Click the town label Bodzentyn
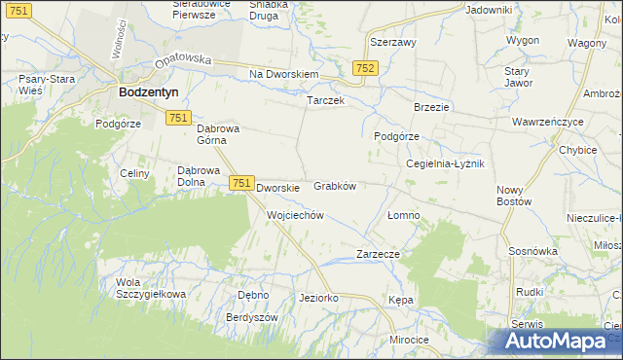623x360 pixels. pos(145,93)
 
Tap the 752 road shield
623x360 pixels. pos(365,68)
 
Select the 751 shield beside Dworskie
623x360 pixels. pos(242,183)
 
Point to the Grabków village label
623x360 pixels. pos(335,186)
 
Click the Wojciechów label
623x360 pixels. pos(294,215)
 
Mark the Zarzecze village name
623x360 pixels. pos(378,254)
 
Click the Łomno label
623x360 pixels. pos(403,215)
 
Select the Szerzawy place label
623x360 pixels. pos(393,44)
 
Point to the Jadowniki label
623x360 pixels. pos(489,10)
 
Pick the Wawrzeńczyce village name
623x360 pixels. pos(547,123)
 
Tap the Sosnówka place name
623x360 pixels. pos(532,251)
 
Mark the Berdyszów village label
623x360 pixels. pos(252,318)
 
